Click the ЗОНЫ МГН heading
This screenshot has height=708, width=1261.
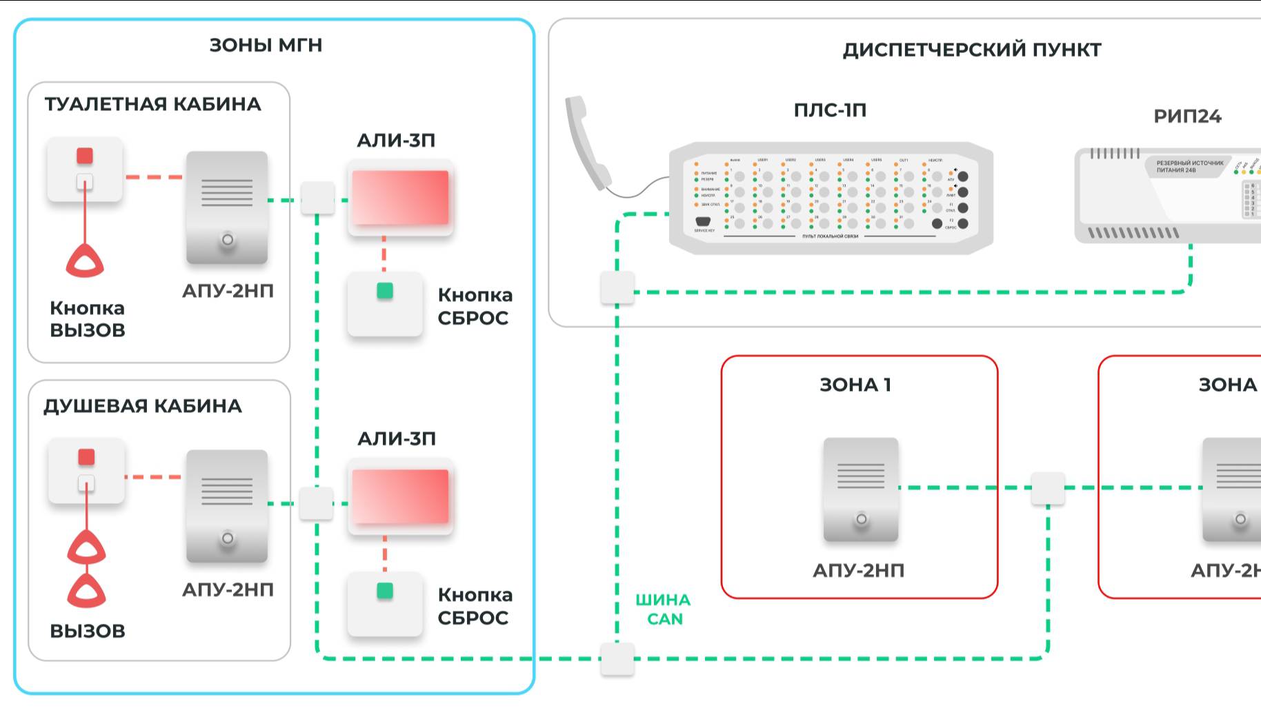pos(266,45)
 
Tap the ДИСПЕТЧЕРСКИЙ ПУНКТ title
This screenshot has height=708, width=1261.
pos(971,50)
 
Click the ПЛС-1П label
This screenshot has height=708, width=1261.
pos(830,110)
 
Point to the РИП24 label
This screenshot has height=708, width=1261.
pos(1187,117)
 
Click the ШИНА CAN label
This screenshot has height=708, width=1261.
pos(663,609)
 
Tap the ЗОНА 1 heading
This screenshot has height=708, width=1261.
pos(855,385)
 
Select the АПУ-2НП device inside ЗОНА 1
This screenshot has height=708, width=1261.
pos(861,489)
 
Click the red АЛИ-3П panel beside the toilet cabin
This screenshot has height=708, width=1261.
pos(400,198)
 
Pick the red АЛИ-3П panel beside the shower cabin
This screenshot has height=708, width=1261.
pos(400,496)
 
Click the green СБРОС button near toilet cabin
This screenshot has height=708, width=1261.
pos(385,291)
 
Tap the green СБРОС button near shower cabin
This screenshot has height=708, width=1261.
pos(385,591)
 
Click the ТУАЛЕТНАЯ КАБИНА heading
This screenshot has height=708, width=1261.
pos(152,104)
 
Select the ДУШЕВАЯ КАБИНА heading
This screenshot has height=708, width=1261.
pos(143,406)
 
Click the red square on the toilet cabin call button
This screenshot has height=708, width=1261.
pos(85,156)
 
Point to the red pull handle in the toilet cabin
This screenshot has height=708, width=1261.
pos(85,262)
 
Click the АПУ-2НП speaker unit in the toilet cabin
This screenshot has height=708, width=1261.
pos(227,207)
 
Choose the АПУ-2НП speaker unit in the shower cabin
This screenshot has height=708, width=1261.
pos(227,506)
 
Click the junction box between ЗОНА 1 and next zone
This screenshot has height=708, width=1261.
pos(1048,488)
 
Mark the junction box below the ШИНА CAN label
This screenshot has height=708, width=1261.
pos(617,659)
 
